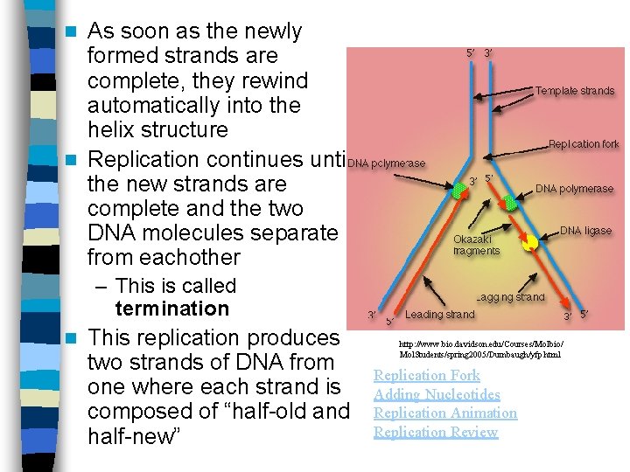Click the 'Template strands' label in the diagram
[x=575, y=91]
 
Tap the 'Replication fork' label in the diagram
[x=584, y=144]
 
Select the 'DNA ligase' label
[x=585, y=231]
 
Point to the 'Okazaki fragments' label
[x=476, y=244]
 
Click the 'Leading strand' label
[x=440, y=315]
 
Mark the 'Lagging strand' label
[x=511, y=297]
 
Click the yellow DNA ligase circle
[x=530, y=243]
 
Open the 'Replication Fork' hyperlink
[x=427, y=376]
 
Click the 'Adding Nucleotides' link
[x=437, y=395]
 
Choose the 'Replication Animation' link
[x=445, y=413]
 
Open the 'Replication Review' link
[x=436, y=433]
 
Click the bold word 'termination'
[x=171, y=309]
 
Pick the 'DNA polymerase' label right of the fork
[x=574, y=189]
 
